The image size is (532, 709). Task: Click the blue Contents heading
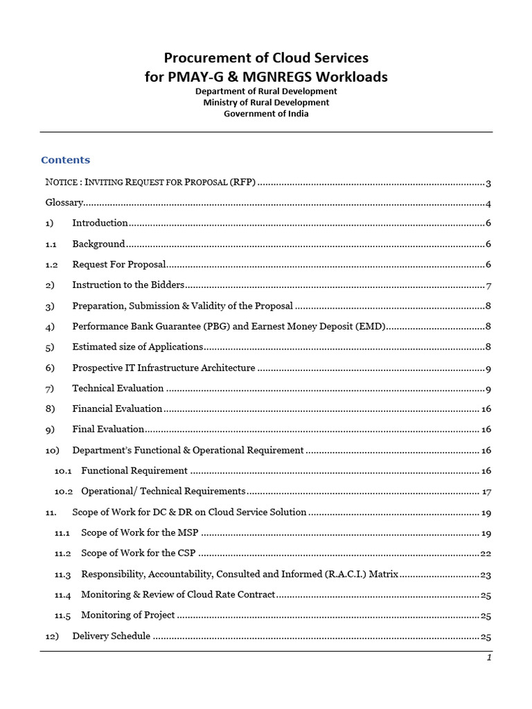tap(65, 160)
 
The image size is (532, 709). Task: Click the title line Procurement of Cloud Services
tap(266, 57)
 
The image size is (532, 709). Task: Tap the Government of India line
tap(266, 114)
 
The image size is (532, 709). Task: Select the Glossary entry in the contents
tap(64, 203)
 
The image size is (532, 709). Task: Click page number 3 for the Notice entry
tap(488, 183)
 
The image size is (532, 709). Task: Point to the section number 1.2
tap(51, 264)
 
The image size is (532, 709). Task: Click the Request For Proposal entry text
tap(118, 264)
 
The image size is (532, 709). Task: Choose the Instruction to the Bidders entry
tap(128, 285)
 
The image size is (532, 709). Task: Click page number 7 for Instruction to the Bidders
tap(488, 285)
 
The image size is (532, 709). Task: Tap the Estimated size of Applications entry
tap(137, 347)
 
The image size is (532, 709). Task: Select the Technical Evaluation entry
tap(118, 388)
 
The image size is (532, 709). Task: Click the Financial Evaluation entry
tap(117, 409)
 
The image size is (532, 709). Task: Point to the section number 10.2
tap(64, 491)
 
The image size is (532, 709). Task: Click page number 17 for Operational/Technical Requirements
tap(486, 491)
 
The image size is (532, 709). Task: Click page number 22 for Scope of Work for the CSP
tap(486, 553)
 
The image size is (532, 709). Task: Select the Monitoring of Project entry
tap(127, 615)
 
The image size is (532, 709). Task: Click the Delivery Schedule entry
tap(111, 636)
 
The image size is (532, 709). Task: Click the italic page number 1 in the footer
tap(488, 658)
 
